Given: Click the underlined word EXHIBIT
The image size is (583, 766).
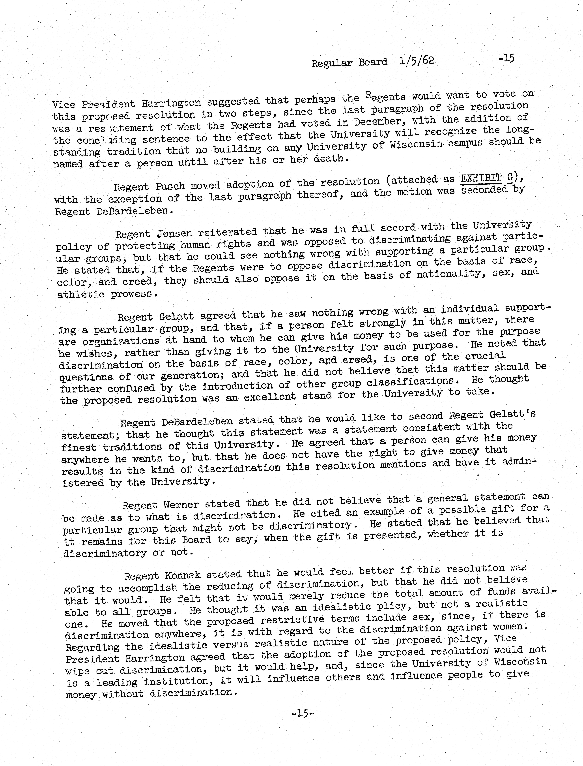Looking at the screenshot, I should pyautogui.click(x=481, y=178).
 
